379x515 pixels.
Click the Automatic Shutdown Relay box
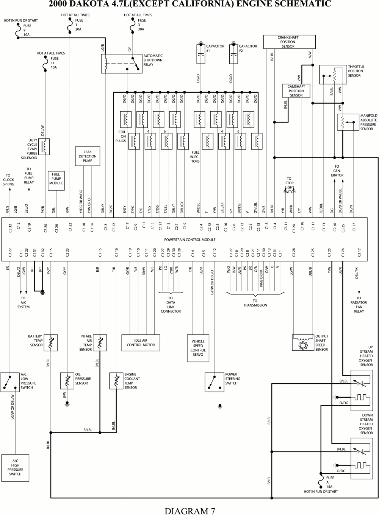point(121,63)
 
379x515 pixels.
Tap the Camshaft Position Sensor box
point(296,91)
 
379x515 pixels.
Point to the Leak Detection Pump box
point(88,156)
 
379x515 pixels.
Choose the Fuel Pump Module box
point(56,181)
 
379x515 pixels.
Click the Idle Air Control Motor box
point(141,342)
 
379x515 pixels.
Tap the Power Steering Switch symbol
point(214,382)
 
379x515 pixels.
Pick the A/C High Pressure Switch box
point(15,468)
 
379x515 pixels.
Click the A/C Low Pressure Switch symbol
point(9,382)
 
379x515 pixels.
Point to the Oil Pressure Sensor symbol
point(67,381)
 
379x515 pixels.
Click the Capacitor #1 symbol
point(201,54)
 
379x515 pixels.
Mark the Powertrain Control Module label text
point(189,240)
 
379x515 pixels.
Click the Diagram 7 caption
point(189,510)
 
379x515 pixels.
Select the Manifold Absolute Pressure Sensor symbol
point(343,122)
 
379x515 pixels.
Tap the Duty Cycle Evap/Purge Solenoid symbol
point(44,147)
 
